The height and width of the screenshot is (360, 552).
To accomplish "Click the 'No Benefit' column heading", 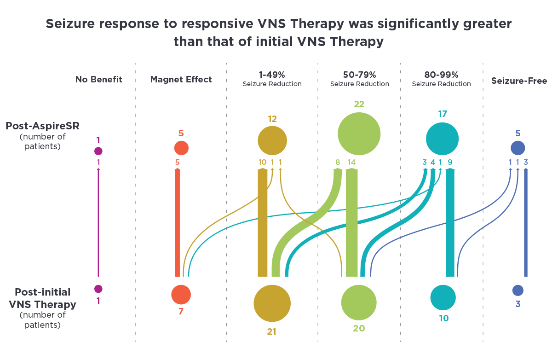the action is click(x=98, y=79).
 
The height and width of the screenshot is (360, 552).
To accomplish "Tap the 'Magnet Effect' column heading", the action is click(x=181, y=79).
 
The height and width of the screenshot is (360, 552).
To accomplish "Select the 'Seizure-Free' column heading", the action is click(x=519, y=81).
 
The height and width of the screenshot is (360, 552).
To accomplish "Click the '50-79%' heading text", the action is click(x=360, y=75).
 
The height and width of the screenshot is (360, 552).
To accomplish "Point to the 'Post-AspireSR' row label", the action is click(x=43, y=126).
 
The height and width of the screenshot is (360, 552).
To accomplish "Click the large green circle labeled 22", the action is click(x=359, y=134).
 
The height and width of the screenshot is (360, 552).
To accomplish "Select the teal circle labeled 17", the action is click(x=443, y=139).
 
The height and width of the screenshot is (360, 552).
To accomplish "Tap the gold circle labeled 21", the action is click(x=272, y=303).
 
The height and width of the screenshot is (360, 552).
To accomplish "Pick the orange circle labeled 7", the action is click(x=181, y=295).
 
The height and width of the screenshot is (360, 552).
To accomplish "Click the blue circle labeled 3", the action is click(x=518, y=290).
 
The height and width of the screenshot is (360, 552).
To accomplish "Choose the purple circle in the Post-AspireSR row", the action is click(x=98, y=151).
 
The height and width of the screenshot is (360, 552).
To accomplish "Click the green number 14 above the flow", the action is click(x=351, y=162).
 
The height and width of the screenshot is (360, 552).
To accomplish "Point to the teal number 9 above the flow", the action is click(x=450, y=162).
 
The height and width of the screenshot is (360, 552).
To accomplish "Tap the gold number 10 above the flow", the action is click(x=263, y=162).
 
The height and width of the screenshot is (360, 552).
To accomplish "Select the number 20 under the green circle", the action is click(x=359, y=328).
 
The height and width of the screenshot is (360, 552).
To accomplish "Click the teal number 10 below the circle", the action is click(x=444, y=318).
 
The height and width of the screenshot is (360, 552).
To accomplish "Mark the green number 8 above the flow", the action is click(x=338, y=162).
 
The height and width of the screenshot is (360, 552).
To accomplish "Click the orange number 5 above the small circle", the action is click(x=181, y=133).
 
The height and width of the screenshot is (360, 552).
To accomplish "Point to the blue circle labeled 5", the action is click(x=518, y=148).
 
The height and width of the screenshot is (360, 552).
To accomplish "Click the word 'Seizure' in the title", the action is click(x=70, y=24).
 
